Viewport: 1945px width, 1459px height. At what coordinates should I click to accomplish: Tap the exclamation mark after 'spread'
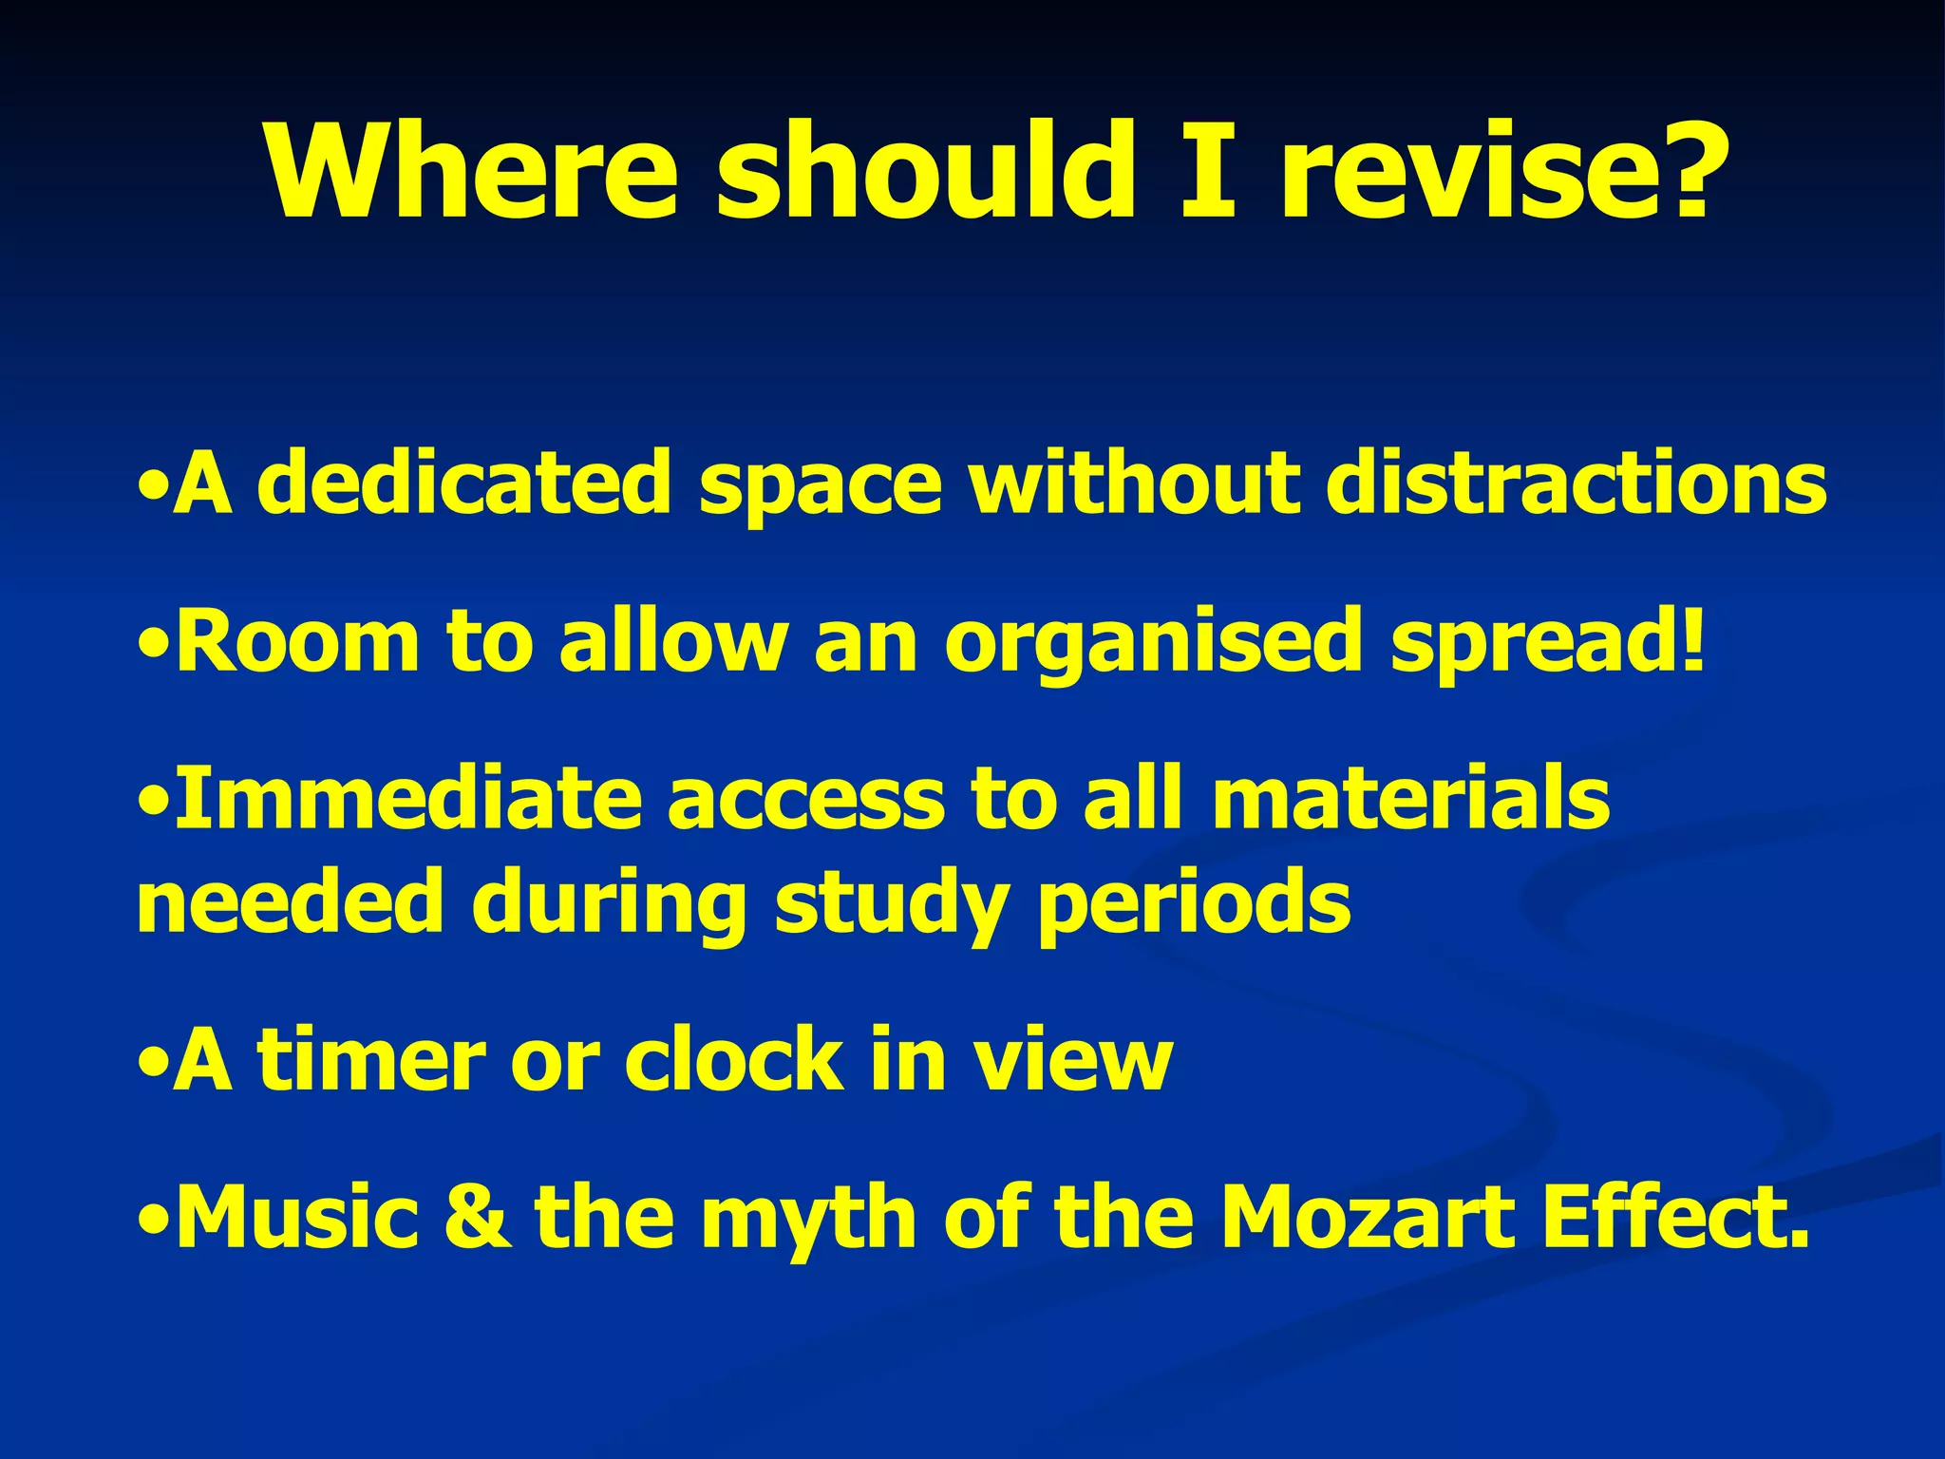[x=1691, y=638]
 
